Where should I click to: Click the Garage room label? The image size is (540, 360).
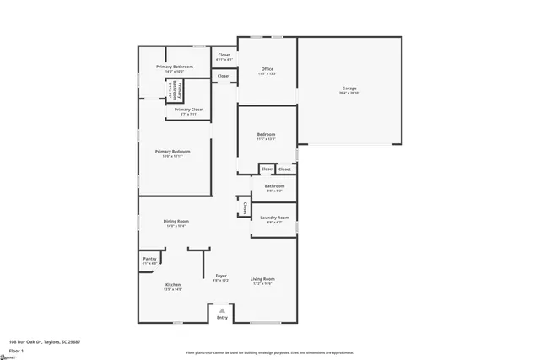click(349, 89)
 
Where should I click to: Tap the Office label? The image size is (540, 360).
click(267, 69)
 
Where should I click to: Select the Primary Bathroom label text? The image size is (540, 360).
click(175, 67)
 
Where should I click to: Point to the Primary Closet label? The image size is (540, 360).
click(189, 109)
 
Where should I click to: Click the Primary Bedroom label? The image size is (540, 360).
click(172, 152)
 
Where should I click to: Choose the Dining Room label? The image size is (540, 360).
click(175, 221)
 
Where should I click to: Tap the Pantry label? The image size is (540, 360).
click(149, 259)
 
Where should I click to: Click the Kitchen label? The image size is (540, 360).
click(173, 285)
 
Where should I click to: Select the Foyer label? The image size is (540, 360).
click(221, 276)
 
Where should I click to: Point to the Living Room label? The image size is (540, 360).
click(262, 279)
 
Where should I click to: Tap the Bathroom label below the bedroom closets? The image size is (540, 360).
click(274, 186)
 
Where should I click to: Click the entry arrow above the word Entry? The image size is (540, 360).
click(222, 310)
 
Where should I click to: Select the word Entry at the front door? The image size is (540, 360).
click(222, 318)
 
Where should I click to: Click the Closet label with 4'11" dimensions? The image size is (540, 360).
click(224, 55)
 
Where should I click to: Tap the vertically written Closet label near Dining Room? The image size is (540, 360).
click(245, 207)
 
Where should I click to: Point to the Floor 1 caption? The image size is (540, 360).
click(16, 350)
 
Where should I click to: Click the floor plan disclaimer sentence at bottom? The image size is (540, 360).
click(269, 352)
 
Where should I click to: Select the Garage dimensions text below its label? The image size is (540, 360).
click(349, 93)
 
